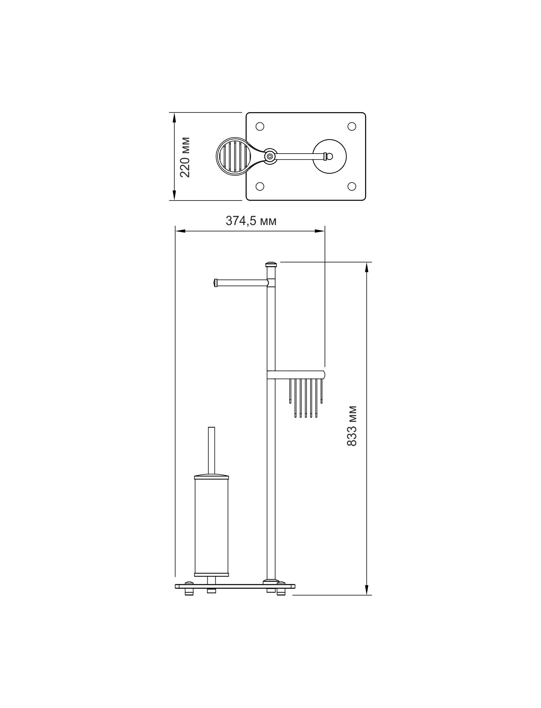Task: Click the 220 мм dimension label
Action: point(185,157)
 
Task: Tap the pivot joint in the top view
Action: point(269,156)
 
